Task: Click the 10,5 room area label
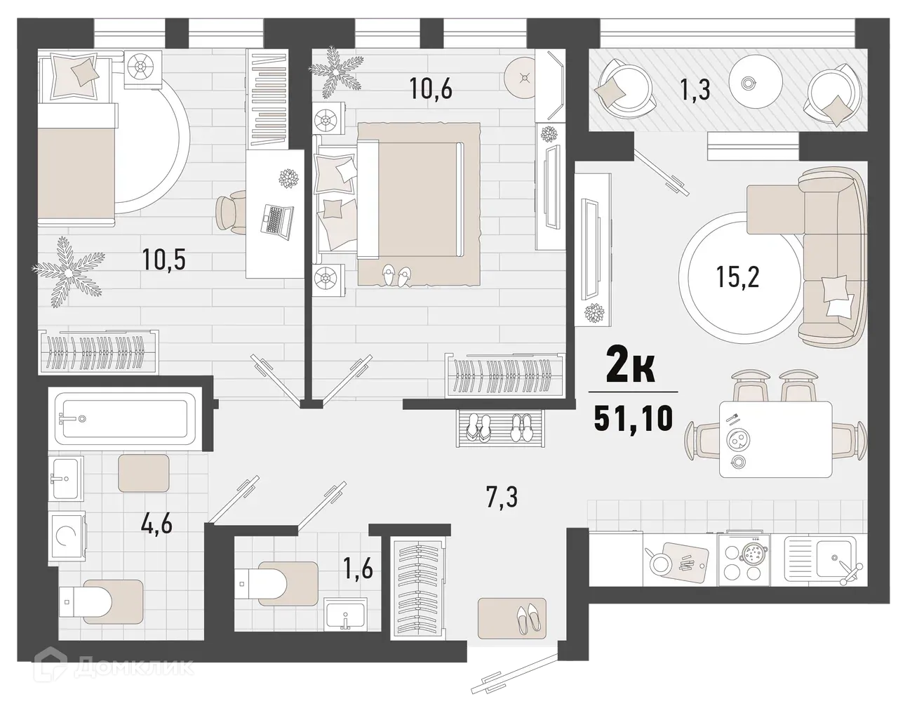click(167, 260)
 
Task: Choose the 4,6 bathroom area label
click(157, 523)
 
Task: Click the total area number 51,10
click(633, 419)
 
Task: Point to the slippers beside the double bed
click(396, 275)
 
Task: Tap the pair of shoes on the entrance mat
click(525, 618)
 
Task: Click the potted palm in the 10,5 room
click(68, 270)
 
